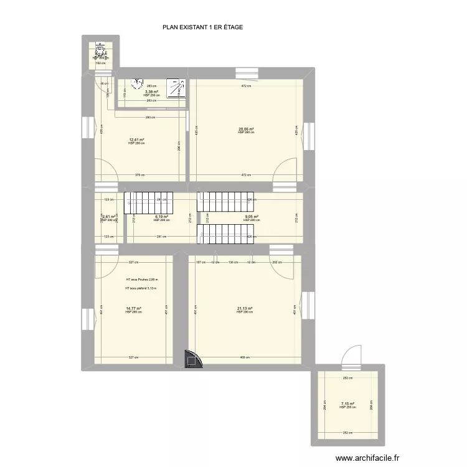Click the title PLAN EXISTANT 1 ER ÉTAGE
click(x=202, y=27)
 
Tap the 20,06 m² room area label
click(x=246, y=130)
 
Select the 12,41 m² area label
click(x=136, y=139)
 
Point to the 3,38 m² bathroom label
click(x=151, y=92)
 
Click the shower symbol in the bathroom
click(x=178, y=88)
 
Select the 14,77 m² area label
click(x=133, y=308)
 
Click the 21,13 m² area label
click(x=245, y=308)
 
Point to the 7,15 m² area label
click(x=347, y=403)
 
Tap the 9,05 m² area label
click(x=250, y=217)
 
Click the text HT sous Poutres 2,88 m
click(x=141, y=280)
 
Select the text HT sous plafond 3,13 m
click(x=141, y=289)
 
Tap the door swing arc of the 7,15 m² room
click(x=352, y=355)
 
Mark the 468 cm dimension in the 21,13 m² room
click(x=244, y=357)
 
